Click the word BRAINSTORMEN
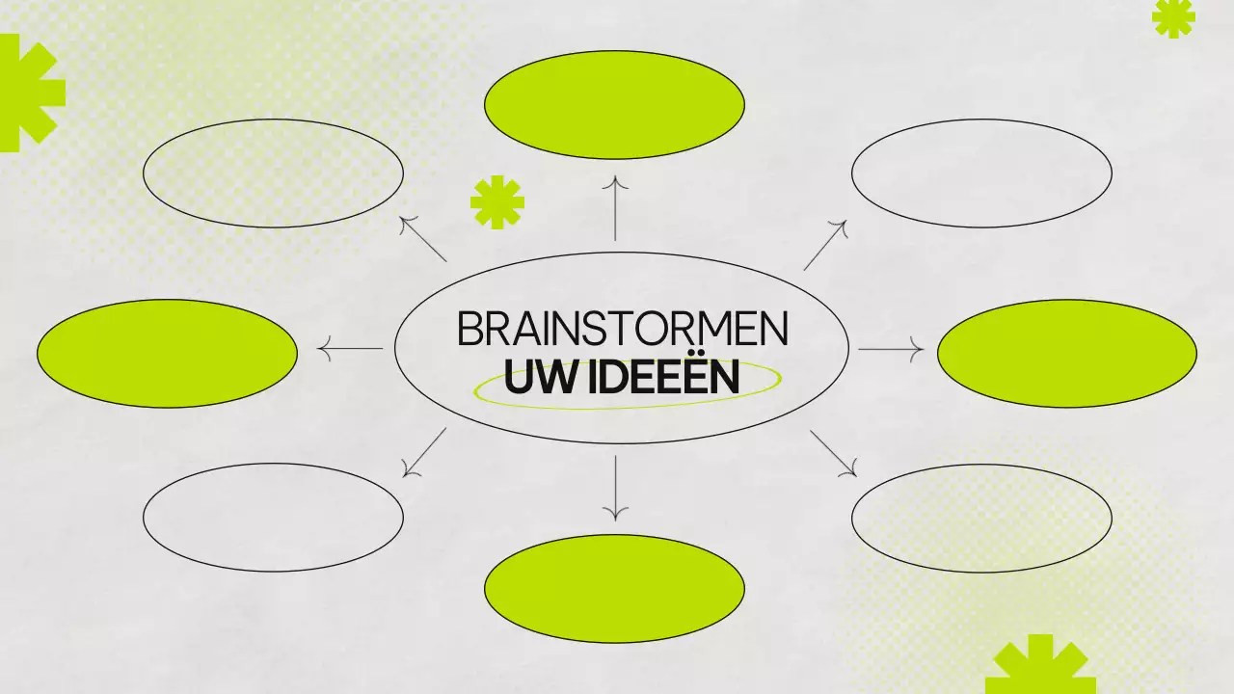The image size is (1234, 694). [622, 329]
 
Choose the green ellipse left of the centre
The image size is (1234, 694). [167, 353]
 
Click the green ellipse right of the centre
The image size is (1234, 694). [1067, 353]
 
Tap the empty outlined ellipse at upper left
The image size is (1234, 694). [273, 173]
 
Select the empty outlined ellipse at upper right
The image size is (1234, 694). [981, 173]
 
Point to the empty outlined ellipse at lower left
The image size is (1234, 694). [273, 518]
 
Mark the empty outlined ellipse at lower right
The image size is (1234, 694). [981, 518]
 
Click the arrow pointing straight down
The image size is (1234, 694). [615, 487]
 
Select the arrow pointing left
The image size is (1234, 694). [350, 349]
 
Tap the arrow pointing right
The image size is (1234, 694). [891, 349]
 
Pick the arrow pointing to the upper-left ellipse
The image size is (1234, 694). [423, 238]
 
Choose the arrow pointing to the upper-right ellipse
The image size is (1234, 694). [825, 245]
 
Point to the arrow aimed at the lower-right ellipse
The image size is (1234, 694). [834, 453]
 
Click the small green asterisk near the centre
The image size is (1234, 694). [497, 202]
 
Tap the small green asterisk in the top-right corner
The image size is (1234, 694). [1173, 17]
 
